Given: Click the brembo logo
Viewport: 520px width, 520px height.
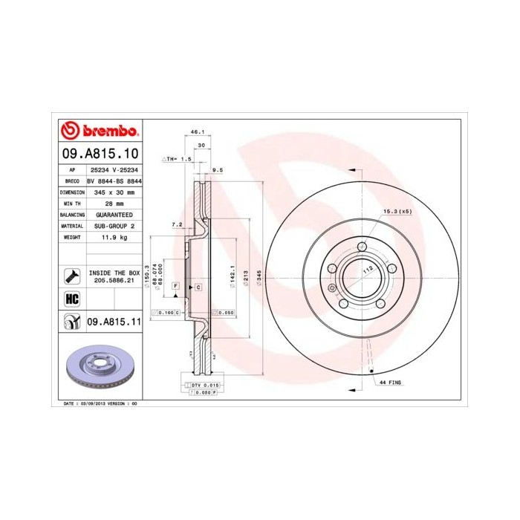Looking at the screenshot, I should coord(100,131).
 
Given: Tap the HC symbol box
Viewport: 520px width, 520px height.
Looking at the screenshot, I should coord(72,299).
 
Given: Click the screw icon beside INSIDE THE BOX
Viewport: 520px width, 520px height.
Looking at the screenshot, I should coord(72,276).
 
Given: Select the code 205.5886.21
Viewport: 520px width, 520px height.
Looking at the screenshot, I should coord(114,282).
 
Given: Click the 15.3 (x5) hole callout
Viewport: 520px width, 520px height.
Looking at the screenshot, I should coord(397,212).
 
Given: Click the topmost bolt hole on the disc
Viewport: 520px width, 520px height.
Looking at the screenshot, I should coord(362,247).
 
